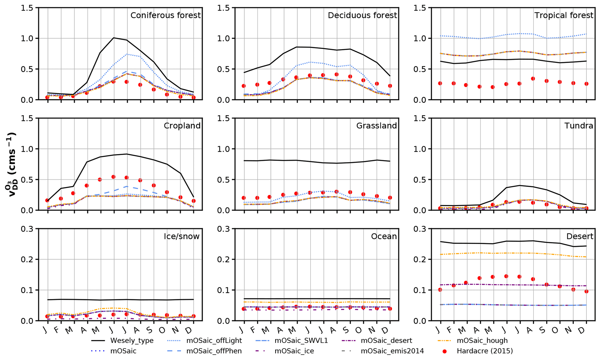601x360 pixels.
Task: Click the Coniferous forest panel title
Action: [x=165, y=15]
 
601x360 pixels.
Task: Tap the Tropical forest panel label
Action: [x=563, y=15]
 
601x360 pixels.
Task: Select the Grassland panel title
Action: [x=376, y=126]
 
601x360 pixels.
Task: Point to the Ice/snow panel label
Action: [x=182, y=236]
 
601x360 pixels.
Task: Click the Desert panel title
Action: [x=579, y=236]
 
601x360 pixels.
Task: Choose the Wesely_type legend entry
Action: [x=132, y=341]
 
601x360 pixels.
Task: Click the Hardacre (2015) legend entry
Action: [x=484, y=351]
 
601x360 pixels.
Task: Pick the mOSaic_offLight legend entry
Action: [x=214, y=341]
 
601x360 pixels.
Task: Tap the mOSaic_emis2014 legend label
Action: [x=392, y=351]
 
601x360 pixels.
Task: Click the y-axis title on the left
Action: [x=11, y=164]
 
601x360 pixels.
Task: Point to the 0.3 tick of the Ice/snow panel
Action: [x=27, y=229]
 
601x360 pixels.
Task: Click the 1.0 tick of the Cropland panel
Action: [x=27, y=149]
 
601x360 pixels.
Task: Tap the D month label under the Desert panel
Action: [x=585, y=330]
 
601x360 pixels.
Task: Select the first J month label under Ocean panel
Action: [x=242, y=330]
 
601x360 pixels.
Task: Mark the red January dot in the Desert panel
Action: [x=440, y=290]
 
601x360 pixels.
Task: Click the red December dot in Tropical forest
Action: [x=586, y=84]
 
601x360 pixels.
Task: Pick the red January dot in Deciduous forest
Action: [x=244, y=86]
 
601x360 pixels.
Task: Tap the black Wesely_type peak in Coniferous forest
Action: [x=114, y=38]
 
